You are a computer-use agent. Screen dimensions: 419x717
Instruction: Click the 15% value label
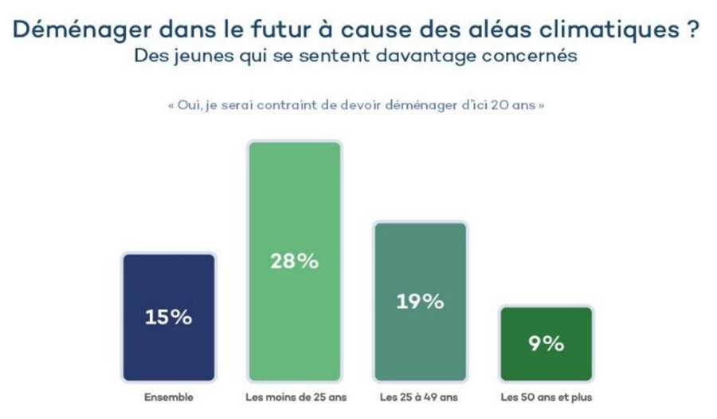pos(169,316)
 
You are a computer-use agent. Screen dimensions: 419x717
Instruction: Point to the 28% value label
pos(295,260)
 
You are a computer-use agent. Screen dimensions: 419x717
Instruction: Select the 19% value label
pos(420,301)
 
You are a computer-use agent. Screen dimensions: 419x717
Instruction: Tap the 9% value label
pos(546,343)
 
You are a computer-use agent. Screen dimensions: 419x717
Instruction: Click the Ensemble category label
pos(168,396)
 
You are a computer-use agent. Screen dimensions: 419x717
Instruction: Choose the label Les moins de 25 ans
pos(294,396)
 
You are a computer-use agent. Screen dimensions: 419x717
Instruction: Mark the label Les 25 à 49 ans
pos(420,396)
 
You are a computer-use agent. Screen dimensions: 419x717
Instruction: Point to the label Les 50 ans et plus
pos(546,396)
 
